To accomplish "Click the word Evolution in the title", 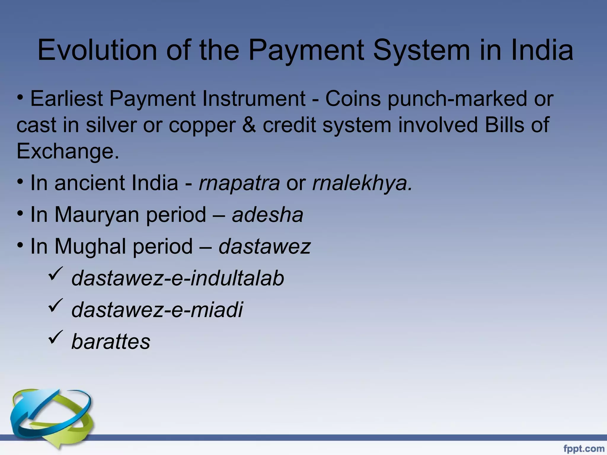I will click(97, 50).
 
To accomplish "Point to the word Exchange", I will click(68, 151).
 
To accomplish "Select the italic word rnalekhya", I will click(362, 183).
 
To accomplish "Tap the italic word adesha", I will click(268, 215).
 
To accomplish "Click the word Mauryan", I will click(97, 215).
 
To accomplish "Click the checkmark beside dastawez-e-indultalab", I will click(55, 274).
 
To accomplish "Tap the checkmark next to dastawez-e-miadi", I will click(55, 306).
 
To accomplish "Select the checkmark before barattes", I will click(55, 337).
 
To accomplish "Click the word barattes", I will click(111, 342).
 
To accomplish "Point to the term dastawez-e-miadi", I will click(157, 310).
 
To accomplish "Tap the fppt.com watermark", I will click(584, 449).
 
